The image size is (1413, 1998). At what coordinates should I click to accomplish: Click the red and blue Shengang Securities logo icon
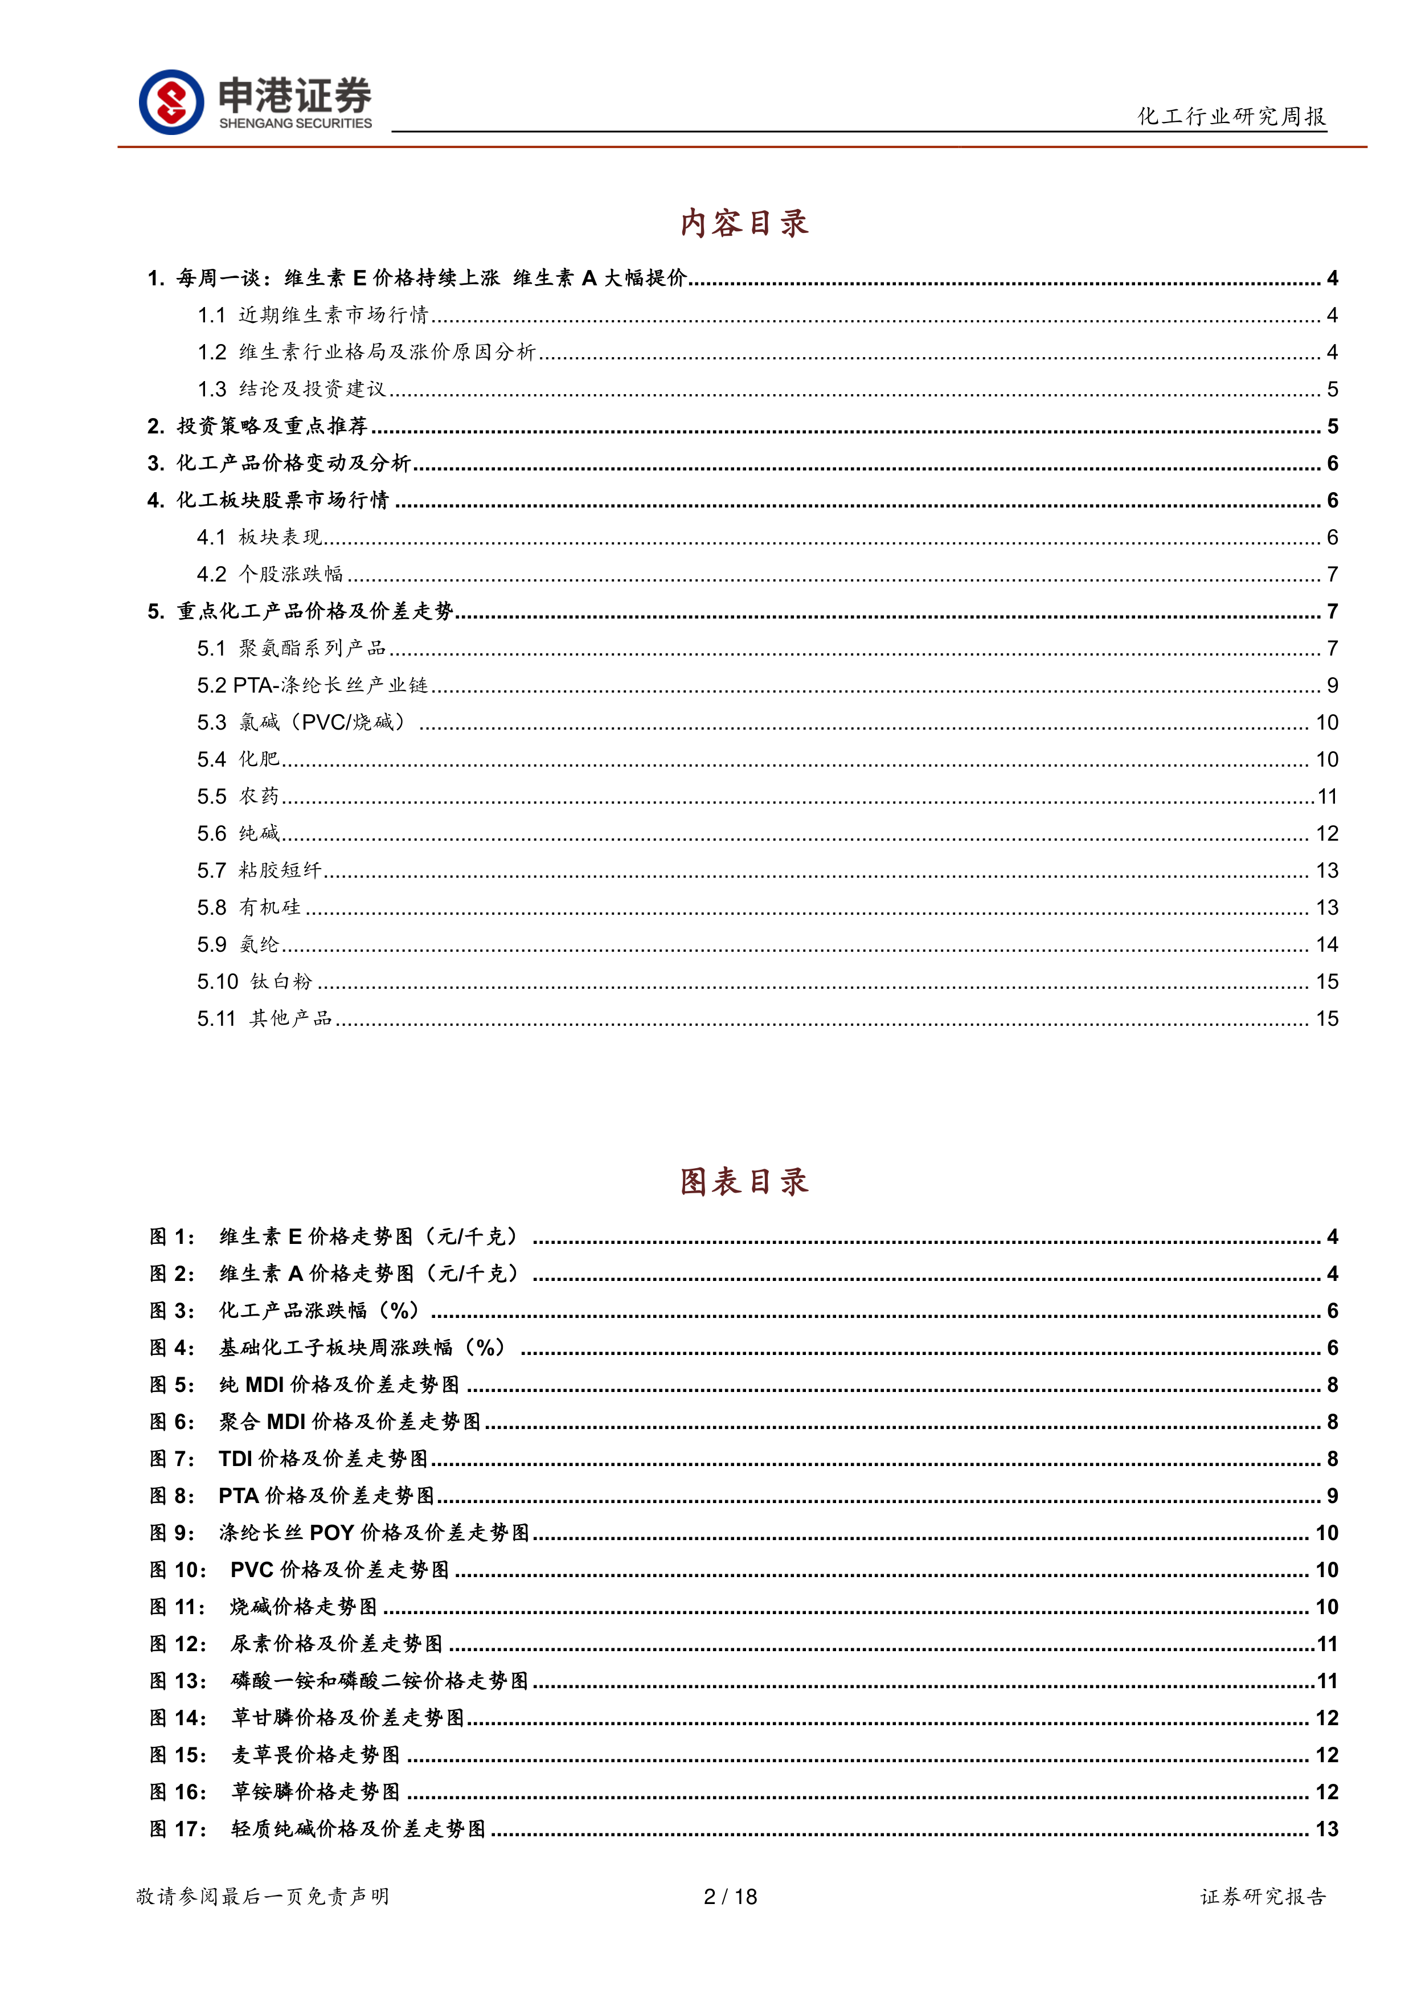tap(171, 102)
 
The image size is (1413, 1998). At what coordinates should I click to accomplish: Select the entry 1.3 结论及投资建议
tap(292, 389)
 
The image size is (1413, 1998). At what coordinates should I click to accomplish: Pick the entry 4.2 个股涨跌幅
tap(271, 574)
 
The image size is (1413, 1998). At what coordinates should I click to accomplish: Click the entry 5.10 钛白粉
tap(254, 981)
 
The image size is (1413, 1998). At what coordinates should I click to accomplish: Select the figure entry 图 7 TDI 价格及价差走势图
tap(323, 1459)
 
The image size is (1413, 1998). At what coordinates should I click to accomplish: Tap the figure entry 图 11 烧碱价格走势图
tap(304, 1606)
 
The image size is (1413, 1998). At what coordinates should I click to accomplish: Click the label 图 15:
tap(178, 1754)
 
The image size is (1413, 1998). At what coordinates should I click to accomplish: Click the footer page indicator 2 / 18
tap(730, 1896)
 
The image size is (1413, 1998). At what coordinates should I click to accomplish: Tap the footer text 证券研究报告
tap(1263, 1896)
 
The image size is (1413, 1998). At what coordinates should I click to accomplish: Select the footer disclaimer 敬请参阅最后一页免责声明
tap(263, 1896)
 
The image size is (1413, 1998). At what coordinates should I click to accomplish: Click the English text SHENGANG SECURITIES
tap(295, 124)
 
